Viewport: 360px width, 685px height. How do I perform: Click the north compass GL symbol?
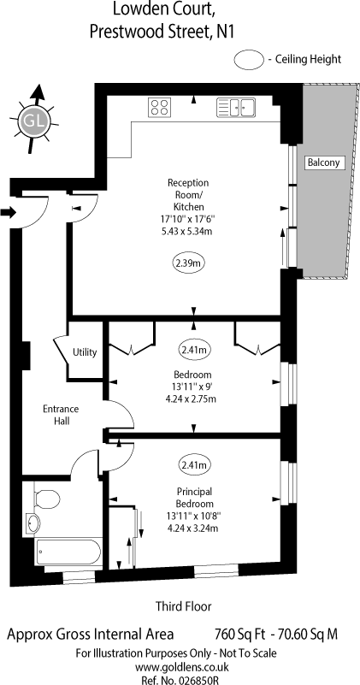[x=32, y=121]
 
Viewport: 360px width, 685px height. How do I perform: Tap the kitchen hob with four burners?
[x=159, y=107]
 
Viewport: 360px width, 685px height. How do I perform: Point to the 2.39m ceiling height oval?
[x=188, y=262]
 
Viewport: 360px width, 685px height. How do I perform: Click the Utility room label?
[x=85, y=351]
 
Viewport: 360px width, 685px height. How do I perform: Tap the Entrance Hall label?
[x=61, y=415]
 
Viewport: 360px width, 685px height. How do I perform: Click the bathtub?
[x=69, y=551]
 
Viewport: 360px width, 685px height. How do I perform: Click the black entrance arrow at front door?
[x=9, y=212]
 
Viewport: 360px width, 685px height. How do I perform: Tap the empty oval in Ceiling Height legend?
[x=249, y=59]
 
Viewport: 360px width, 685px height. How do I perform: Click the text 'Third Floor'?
[x=182, y=606]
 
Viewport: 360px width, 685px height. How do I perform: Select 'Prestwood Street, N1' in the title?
[x=163, y=32]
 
